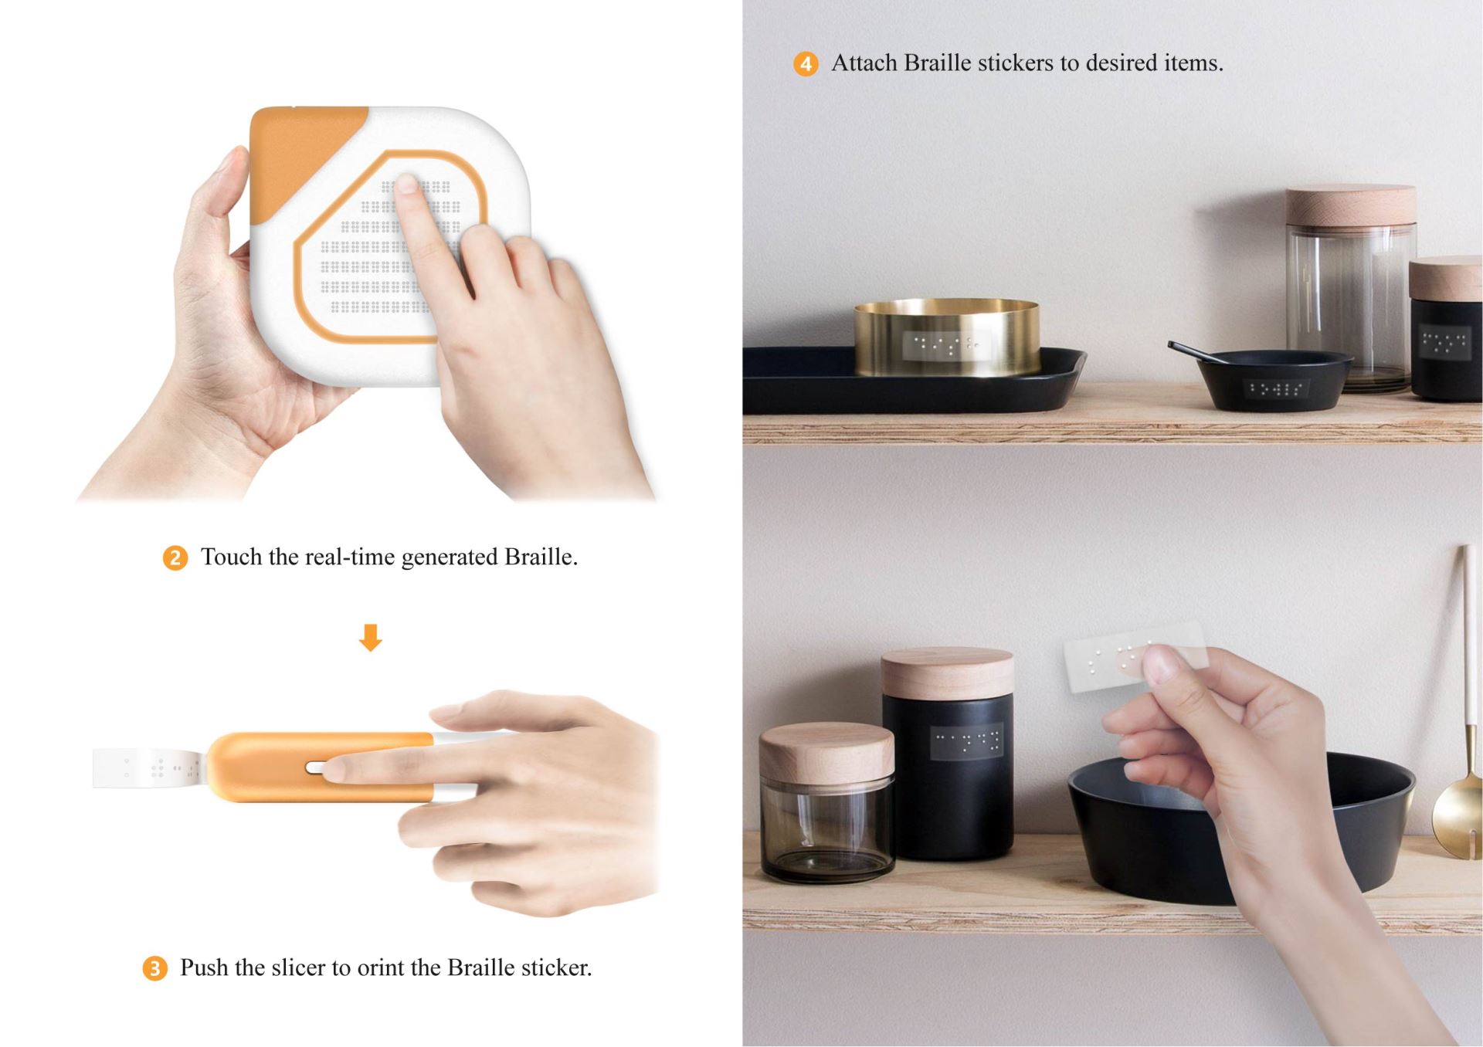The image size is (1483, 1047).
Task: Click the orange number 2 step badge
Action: coord(175,557)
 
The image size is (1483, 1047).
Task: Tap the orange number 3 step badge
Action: coord(154,968)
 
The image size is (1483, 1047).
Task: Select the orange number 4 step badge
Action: coord(806,63)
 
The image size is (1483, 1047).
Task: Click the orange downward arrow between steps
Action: coord(371,638)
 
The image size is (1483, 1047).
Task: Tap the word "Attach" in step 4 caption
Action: coord(864,63)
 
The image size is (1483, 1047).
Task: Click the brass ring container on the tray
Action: coord(947,337)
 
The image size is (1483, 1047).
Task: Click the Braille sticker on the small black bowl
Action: coord(1274,388)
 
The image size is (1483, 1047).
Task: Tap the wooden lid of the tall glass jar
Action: coord(1351,206)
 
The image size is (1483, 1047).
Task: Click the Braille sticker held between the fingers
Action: coord(1134,655)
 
